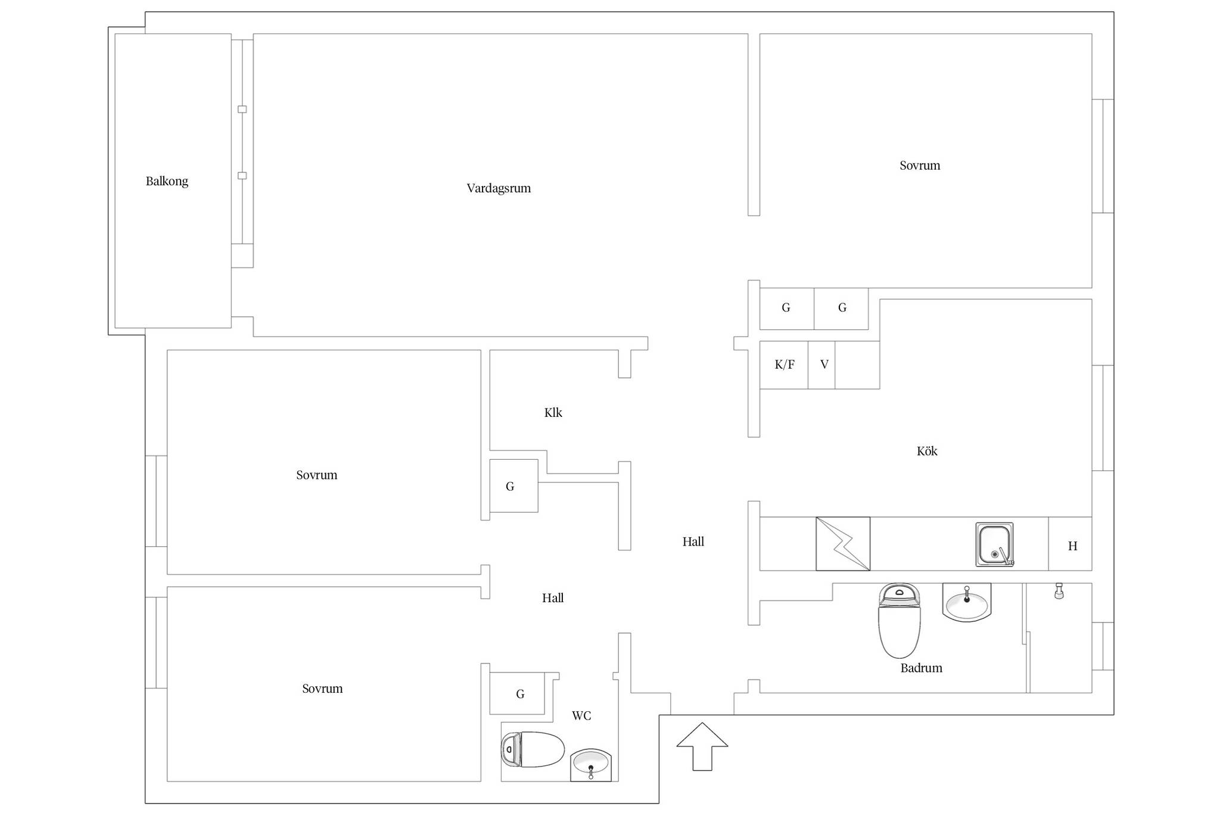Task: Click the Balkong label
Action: (167, 181)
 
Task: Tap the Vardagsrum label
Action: (499, 188)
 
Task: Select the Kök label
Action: (927, 451)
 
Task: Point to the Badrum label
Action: (921, 668)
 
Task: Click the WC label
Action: (581, 715)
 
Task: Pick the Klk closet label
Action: (553, 412)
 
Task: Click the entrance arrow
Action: (702, 746)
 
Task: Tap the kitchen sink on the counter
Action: (994, 544)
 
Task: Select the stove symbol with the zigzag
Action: (843, 544)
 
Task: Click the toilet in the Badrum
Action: (900, 620)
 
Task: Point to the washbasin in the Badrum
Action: (967, 602)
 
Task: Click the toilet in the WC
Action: (533, 749)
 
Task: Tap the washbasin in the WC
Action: (591, 765)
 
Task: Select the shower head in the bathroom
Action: (1059, 591)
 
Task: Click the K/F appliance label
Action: (785, 365)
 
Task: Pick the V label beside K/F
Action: (824, 365)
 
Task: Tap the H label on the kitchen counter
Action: (1072, 546)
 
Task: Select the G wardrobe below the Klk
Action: (513, 486)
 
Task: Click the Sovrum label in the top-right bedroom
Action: (920, 166)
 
